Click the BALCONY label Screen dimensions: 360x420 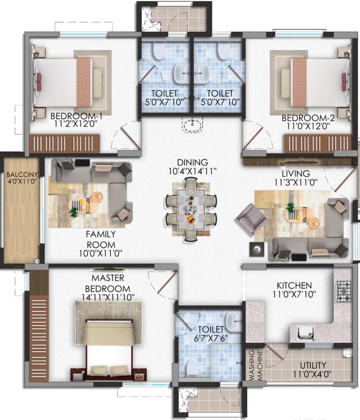point(22,174)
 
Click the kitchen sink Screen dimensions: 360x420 point(306,333)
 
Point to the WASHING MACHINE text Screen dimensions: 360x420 point(255,365)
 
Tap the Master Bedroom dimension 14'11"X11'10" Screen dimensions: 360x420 point(108,297)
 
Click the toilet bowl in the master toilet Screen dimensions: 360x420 point(192,367)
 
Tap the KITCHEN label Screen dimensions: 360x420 point(294,285)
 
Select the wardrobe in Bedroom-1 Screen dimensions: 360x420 point(65,144)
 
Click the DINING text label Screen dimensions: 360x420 point(193,162)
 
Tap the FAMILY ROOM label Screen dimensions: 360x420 point(101,239)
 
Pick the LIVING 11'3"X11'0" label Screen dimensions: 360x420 point(296,177)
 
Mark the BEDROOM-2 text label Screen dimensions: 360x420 point(308,118)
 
